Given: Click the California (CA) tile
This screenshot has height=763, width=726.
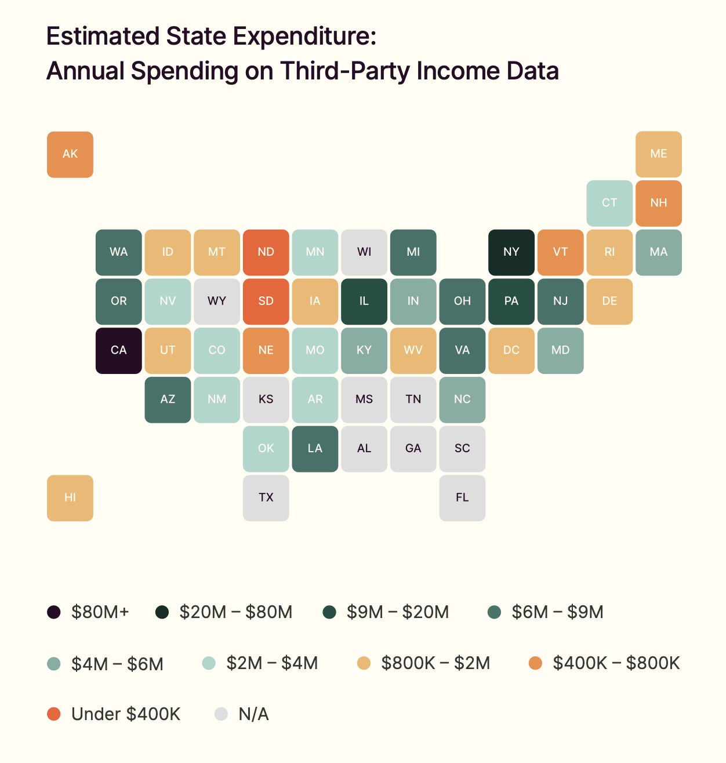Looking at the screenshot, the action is (118, 350).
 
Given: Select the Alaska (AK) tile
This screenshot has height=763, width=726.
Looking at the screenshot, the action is (70, 154).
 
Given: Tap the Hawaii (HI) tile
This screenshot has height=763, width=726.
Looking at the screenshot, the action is (70, 498).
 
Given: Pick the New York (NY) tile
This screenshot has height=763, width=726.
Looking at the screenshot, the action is (511, 252).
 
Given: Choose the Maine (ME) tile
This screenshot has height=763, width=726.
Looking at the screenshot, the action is (659, 154).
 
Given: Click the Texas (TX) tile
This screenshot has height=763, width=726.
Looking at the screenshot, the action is (266, 498).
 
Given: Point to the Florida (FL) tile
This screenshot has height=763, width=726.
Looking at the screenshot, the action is (462, 498).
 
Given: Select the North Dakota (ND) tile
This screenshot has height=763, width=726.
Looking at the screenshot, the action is (266, 252).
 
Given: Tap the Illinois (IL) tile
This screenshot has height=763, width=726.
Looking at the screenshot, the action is (364, 301).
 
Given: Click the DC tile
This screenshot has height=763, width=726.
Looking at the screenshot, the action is (511, 350).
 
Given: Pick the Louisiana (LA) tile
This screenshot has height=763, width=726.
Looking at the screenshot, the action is (315, 449).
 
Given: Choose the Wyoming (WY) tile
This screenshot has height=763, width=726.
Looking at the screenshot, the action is (217, 301).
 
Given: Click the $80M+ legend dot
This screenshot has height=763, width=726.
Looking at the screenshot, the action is (53, 612).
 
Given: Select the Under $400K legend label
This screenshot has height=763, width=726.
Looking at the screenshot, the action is (126, 714).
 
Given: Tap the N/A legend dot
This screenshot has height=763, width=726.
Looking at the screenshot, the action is (221, 714).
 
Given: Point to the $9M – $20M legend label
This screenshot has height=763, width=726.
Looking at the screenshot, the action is (398, 612).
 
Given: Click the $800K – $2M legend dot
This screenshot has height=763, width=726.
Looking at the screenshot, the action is (364, 663).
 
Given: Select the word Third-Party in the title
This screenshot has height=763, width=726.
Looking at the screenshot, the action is (346, 71).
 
